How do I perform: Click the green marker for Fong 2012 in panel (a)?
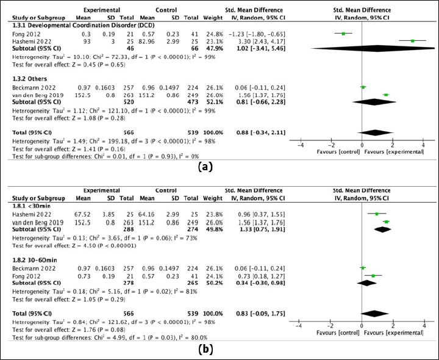point(343,34)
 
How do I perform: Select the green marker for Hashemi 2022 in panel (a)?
point(412,41)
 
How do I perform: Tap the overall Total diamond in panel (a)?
point(375,132)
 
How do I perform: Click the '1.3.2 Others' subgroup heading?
point(29,79)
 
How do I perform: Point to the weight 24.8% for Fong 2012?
point(213,34)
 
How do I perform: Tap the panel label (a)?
point(205,167)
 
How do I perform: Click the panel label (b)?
point(205,350)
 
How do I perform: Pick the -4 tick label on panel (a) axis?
point(301,145)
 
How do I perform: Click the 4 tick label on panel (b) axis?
point(424,326)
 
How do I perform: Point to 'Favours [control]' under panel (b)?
point(338,333)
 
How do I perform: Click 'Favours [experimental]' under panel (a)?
point(394,152)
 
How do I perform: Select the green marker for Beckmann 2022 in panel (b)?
point(363,268)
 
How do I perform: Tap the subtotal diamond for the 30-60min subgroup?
point(367,283)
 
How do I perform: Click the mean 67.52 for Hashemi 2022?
point(82,214)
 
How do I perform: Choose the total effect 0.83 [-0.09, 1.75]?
point(260,314)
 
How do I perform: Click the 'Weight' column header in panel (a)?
point(213,18)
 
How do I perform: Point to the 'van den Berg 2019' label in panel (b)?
point(38,223)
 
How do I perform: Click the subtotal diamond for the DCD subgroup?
point(373,48)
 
